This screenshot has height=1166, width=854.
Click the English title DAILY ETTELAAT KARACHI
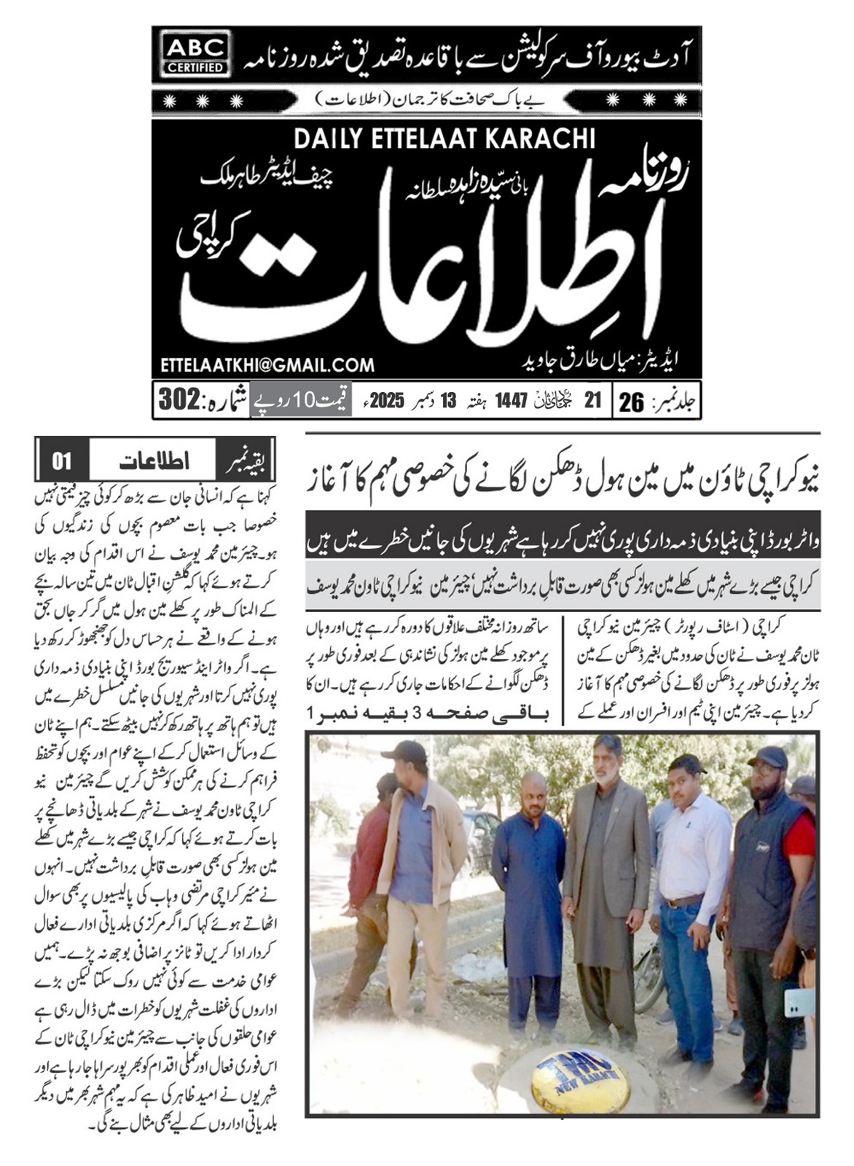tap(444, 139)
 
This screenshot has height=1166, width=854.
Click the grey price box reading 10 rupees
tap(300, 400)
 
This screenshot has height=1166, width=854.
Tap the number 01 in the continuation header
tap(62, 461)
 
